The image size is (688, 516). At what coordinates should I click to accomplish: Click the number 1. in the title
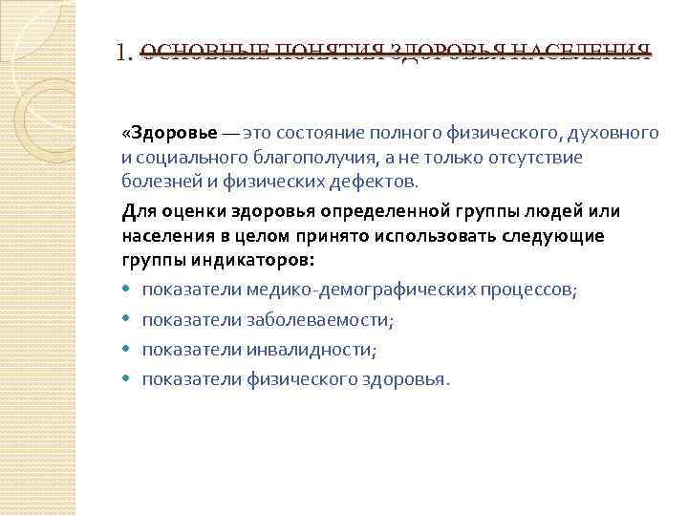(x=124, y=53)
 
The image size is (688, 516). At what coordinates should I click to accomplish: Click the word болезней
(x=157, y=182)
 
